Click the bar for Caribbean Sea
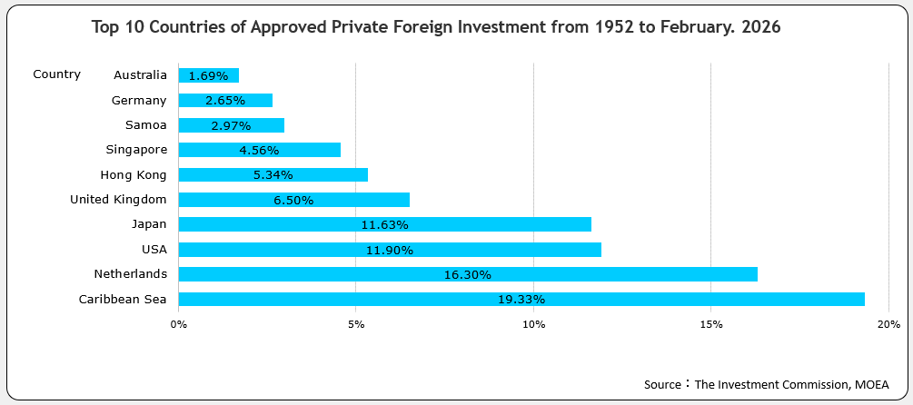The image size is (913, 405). click(x=521, y=299)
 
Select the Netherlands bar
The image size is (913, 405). click(x=468, y=273)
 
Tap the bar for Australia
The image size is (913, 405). click(x=209, y=75)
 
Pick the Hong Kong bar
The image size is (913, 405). click(x=273, y=174)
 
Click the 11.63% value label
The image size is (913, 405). click(x=385, y=224)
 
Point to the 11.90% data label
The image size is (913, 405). click(x=390, y=250)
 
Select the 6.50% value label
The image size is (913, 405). click(x=293, y=200)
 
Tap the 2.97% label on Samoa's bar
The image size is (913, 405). click(x=231, y=125)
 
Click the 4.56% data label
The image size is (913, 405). click(x=259, y=150)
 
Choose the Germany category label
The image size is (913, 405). click(x=139, y=100)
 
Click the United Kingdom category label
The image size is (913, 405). click(x=118, y=199)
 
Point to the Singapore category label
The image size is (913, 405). click(x=136, y=149)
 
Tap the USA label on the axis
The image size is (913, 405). click(x=154, y=248)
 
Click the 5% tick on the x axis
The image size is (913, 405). click(x=356, y=324)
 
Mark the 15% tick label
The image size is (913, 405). click(x=711, y=324)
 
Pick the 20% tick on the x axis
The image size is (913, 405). click(x=888, y=324)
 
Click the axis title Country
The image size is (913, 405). click(x=56, y=74)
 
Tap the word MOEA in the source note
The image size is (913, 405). click(x=871, y=384)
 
